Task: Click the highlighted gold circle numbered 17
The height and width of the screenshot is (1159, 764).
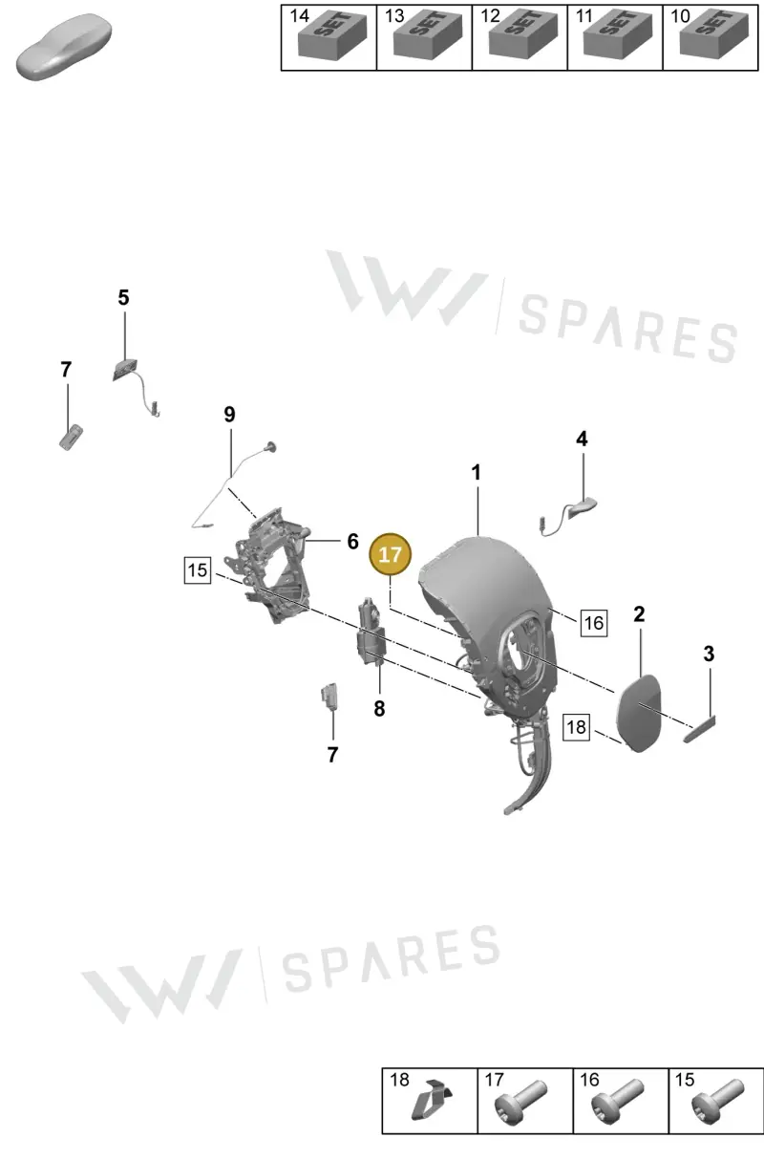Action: click(390, 554)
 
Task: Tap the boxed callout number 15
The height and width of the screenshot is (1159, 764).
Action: click(198, 570)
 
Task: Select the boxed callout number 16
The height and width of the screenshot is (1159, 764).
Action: click(594, 622)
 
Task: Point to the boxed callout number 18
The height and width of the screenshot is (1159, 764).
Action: click(576, 727)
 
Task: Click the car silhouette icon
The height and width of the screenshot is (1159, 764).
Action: click(64, 47)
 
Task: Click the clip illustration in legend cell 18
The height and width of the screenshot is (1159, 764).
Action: click(431, 1101)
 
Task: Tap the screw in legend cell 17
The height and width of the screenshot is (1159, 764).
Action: click(520, 1101)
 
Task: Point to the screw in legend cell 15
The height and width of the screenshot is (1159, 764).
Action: click(718, 1101)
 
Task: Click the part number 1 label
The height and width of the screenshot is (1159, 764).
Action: click(476, 472)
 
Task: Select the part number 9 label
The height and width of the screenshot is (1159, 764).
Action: click(229, 414)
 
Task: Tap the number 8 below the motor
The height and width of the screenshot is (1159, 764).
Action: click(379, 708)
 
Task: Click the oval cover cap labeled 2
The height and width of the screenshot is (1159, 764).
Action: click(639, 713)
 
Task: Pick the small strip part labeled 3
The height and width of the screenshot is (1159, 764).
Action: click(700, 729)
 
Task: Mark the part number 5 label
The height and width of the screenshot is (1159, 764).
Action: click(123, 297)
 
